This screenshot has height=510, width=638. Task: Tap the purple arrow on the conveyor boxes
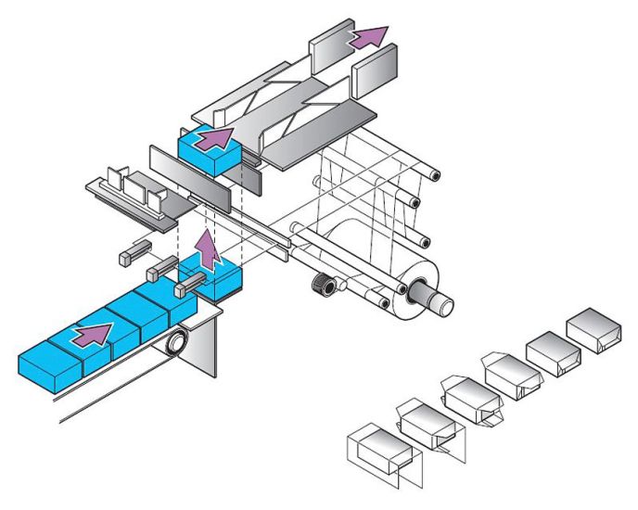[x=95, y=334]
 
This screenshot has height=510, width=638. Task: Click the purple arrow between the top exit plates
[x=368, y=37]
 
